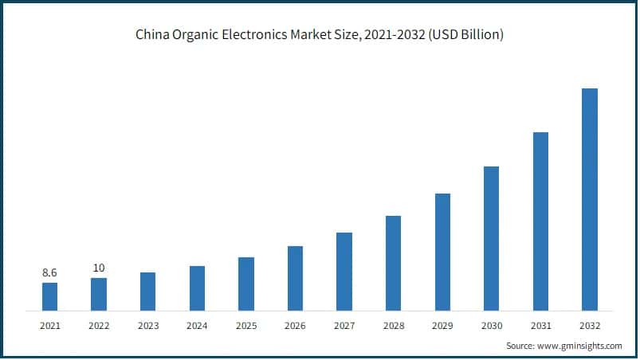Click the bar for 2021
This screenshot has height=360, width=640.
pyautogui.click(x=49, y=296)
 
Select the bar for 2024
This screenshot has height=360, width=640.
pyautogui.click(x=197, y=288)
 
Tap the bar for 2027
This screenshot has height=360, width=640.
pyautogui.click(x=344, y=271)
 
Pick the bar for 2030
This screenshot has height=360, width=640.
pyautogui.click(x=491, y=238)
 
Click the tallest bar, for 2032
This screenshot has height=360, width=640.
pyautogui.click(x=590, y=199)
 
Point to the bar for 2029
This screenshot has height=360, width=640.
pyautogui.click(x=442, y=252)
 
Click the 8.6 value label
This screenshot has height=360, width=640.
pyautogui.click(x=49, y=273)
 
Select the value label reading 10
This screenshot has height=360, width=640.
pyautogui.click(x=99, y=268)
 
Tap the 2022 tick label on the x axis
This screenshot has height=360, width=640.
pyautogui.click(x=99, y=326)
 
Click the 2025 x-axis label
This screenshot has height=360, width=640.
pyautogui.click(x=246, y=326)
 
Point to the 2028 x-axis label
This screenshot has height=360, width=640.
pyautogui.click(x=393, y=326)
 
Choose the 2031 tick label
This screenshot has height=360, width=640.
pyautogui.click(x=540, y=326)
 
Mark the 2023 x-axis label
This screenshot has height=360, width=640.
pyautogui.click(x=148, y=326)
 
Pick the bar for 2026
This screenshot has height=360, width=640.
pyautogui.click(x=295, y=278)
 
